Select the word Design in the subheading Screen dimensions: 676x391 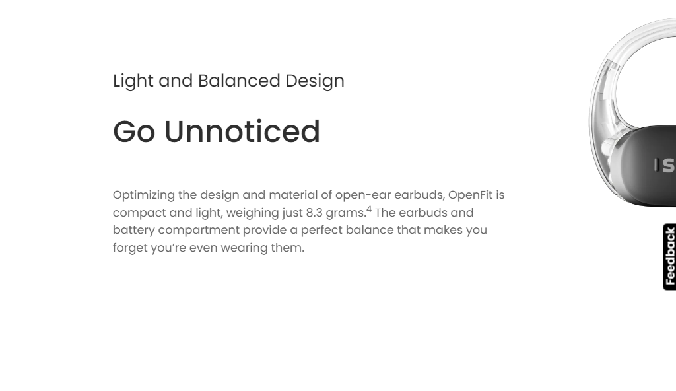tap(315, 81)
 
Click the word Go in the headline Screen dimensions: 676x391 tap(134, 131)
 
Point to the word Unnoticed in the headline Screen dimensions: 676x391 tap(242, 131)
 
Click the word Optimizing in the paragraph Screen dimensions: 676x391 tap(144, 196)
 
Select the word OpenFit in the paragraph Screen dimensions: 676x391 tap(470, 196)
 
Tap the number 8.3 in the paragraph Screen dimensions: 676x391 tap(314, 213)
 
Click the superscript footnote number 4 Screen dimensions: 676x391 tap(369, 209)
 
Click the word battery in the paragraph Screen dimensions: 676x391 tap(133, 231)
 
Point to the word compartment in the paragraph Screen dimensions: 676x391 tap(199, 231)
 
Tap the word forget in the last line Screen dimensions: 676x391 tap(130, 248)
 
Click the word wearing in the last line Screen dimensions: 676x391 tap(244, 248)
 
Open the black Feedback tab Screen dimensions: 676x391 tap(669, 257)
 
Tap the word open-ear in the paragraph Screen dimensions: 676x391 tap(363, 196)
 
